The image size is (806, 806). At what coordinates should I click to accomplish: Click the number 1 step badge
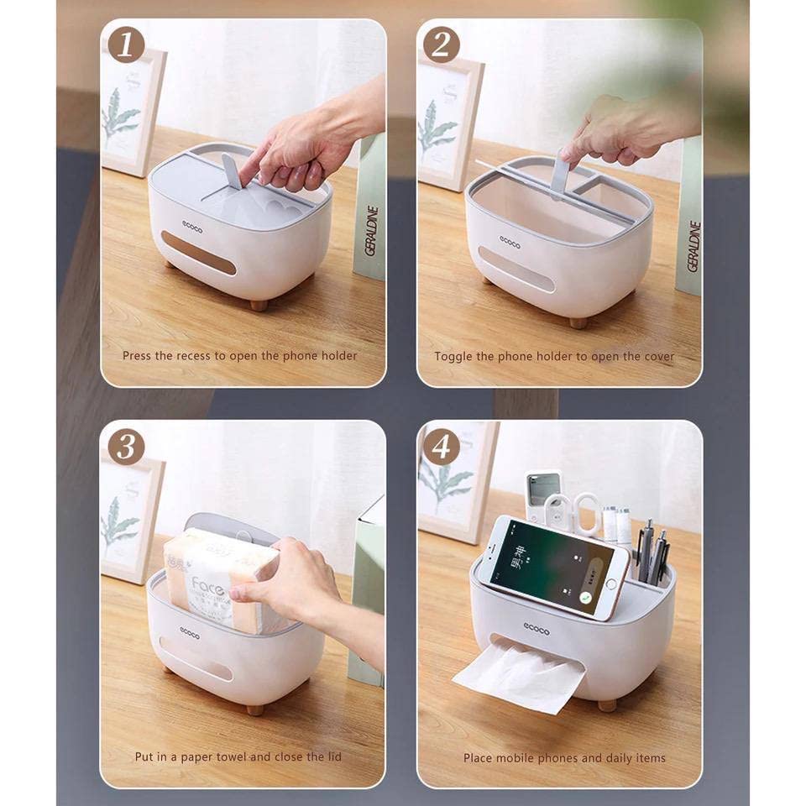click(126, 45)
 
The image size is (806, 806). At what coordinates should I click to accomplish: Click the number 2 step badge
click(442, 45)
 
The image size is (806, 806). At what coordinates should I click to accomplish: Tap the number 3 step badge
click(126, 446)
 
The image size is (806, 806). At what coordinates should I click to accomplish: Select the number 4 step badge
click(442, 446)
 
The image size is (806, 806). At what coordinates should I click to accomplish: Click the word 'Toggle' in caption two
click(453, 356)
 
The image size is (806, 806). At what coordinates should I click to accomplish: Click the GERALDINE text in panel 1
click(373, 232)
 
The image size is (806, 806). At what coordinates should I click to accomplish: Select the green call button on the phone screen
click(586, 595)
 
